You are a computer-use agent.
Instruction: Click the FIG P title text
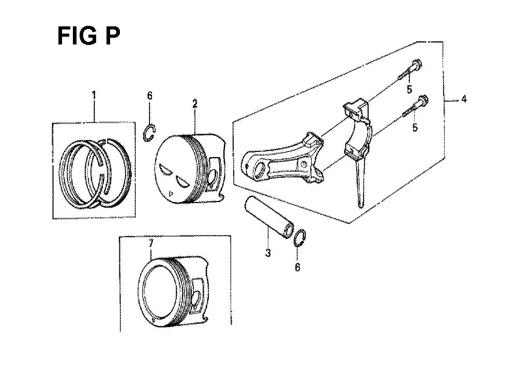click(x=89, y=36)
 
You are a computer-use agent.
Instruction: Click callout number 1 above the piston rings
click(x=94, y=96)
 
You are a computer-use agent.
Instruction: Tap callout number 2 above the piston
click(x=195, y=104)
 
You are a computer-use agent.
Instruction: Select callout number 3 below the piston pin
click(x=268, y=253)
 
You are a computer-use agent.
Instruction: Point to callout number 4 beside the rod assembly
click(x=464, y=99)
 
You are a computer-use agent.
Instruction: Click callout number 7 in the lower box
click(x=150, y=244)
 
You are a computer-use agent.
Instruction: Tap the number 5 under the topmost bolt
click(x=409, y=89)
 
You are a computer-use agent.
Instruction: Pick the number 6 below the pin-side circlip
click(x=297, y=267)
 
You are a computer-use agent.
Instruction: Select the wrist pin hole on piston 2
click(x=212, y=176)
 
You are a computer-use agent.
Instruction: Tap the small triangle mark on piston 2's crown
click(x=170, y=193)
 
